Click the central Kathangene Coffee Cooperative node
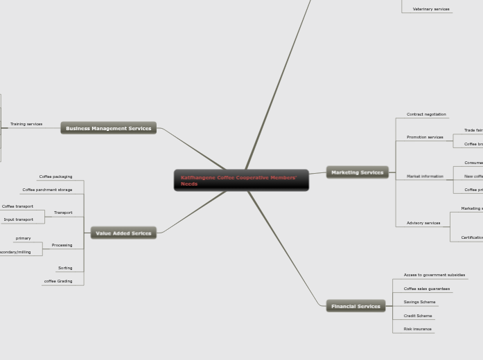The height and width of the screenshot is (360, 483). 241,181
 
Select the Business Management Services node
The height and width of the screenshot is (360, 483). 108,128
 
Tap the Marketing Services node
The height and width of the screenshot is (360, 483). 357,172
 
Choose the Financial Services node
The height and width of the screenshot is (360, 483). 355,306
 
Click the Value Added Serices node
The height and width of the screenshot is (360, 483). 123,233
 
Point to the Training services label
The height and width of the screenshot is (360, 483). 26,124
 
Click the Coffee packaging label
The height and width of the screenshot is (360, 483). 55,177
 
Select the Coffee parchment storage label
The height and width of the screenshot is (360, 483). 47,190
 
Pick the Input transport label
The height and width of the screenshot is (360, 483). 18,219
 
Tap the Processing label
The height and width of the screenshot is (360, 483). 62,245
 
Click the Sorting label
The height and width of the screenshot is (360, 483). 65,268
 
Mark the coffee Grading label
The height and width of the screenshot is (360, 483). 58,281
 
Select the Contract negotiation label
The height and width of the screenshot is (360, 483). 426,114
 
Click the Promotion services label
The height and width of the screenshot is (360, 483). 425,137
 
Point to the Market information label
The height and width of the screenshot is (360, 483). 425,177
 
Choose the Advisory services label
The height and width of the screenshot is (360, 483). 423,223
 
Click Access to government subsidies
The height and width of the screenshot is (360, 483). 434,275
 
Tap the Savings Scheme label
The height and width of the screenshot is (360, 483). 419,302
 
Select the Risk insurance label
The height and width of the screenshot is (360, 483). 417,329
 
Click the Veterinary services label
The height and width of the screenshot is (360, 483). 431,9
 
